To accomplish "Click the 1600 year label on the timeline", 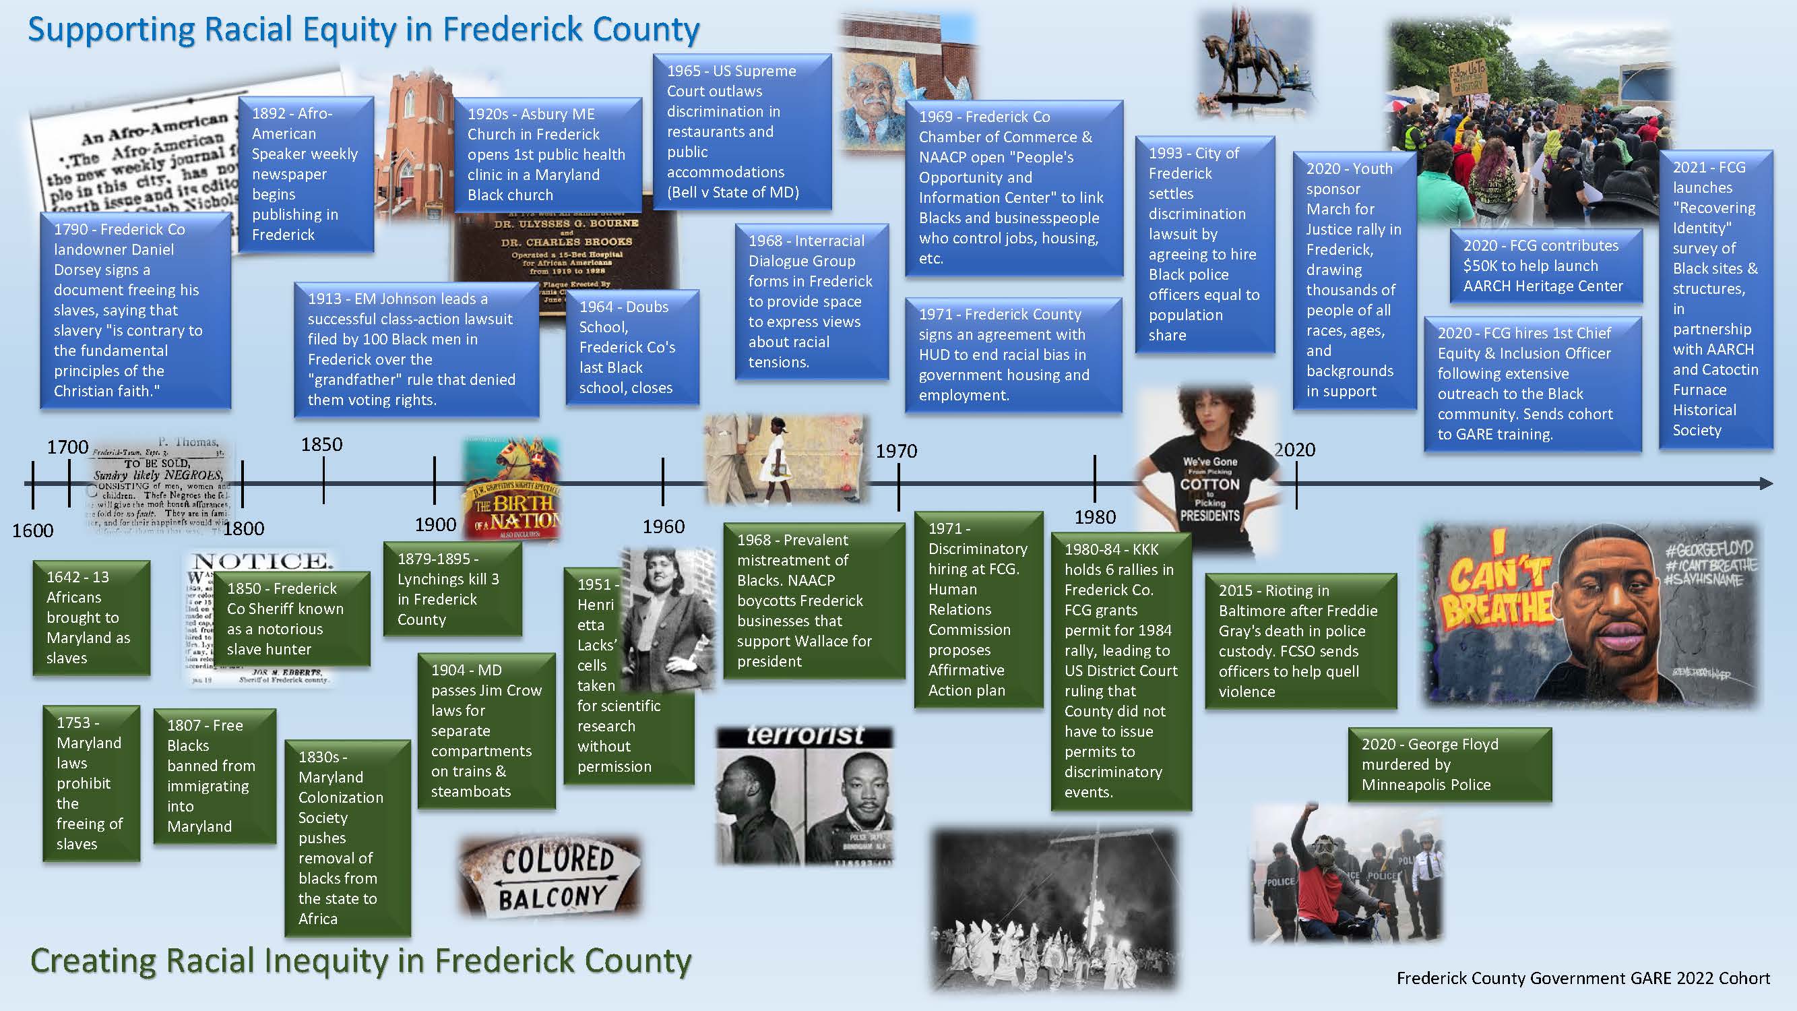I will tap(33, 530).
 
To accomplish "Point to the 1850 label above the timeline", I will tap(321, 444).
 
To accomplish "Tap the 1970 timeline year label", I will tap(896, 451).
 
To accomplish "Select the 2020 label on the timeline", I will tap(1295, 450).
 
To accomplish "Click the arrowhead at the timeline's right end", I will tap(1765, 483).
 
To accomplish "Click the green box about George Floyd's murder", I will tap(1449, 764).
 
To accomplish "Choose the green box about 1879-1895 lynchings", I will tap(452, 589).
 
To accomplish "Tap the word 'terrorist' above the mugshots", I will tap(805, 735).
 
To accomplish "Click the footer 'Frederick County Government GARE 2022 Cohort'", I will tap(1583, 978).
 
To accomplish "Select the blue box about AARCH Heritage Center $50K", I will tap(1545, 266).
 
